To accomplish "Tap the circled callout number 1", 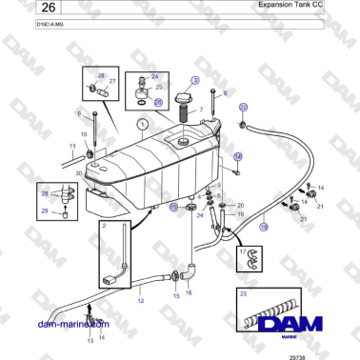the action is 115,125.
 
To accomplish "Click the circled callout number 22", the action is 243,107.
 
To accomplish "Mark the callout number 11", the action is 72,146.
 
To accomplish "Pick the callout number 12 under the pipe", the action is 140,300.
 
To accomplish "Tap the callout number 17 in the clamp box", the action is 244,251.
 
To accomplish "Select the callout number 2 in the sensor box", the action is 105,227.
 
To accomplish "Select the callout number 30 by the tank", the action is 79,173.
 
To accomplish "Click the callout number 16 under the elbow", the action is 189,293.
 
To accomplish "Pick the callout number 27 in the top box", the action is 112,81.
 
